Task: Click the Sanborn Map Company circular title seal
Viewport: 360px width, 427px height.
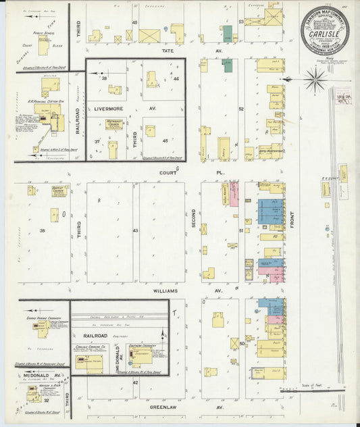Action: click(x=325, y=30)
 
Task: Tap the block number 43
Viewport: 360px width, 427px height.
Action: click(x=135, y=230)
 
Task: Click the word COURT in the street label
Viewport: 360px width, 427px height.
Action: click(x=163, y=172)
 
